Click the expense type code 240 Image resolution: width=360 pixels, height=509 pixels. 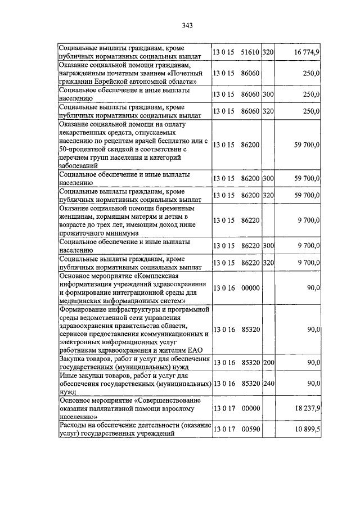point(268,384)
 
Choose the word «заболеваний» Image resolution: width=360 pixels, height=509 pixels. point(79,166)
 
